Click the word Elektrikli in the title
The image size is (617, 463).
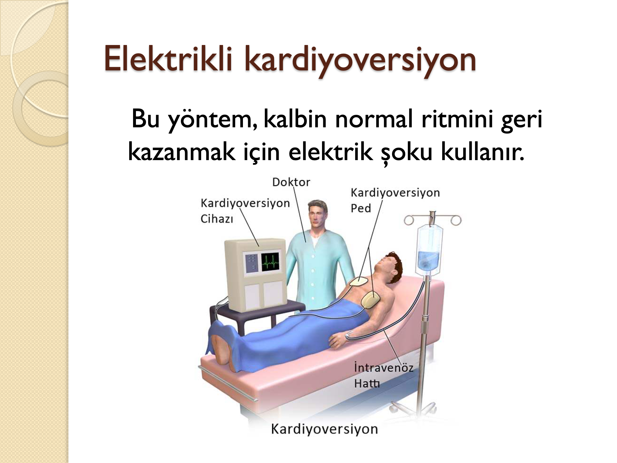(x=168, y=59)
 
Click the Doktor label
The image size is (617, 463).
(x=291, y=182)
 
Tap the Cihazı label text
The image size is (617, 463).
(x=217, y=219)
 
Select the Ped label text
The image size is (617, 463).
(x=361, y=208)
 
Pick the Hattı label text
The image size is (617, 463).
(x=367, y=383)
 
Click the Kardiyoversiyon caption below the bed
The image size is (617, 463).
(x=324, y=429)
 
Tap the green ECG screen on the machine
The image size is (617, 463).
(x=270, y=262)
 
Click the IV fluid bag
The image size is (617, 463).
(x=429, y=249)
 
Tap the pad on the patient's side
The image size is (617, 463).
(x=371, y=300)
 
